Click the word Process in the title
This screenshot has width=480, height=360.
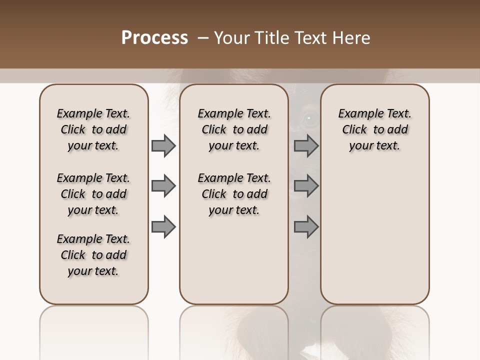(154, 38)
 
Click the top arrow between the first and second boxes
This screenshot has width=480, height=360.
(163, 145)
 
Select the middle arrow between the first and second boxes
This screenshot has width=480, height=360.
(163, 186)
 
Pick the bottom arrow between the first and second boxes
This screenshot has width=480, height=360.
(163, 226)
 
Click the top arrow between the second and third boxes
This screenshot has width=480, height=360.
(306, 145)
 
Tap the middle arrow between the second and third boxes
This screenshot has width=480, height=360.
(306, 186)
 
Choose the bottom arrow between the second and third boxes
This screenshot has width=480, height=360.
(306, 226)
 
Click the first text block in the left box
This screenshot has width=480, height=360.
(93, 129)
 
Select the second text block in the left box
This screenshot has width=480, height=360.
(93, 194)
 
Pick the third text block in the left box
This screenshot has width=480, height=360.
(93, 255)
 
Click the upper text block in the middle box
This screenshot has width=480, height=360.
(234, 129)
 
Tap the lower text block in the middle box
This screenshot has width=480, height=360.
(234, 194)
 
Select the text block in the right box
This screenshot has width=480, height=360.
(374, 129)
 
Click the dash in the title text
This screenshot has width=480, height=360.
(203, 38)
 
